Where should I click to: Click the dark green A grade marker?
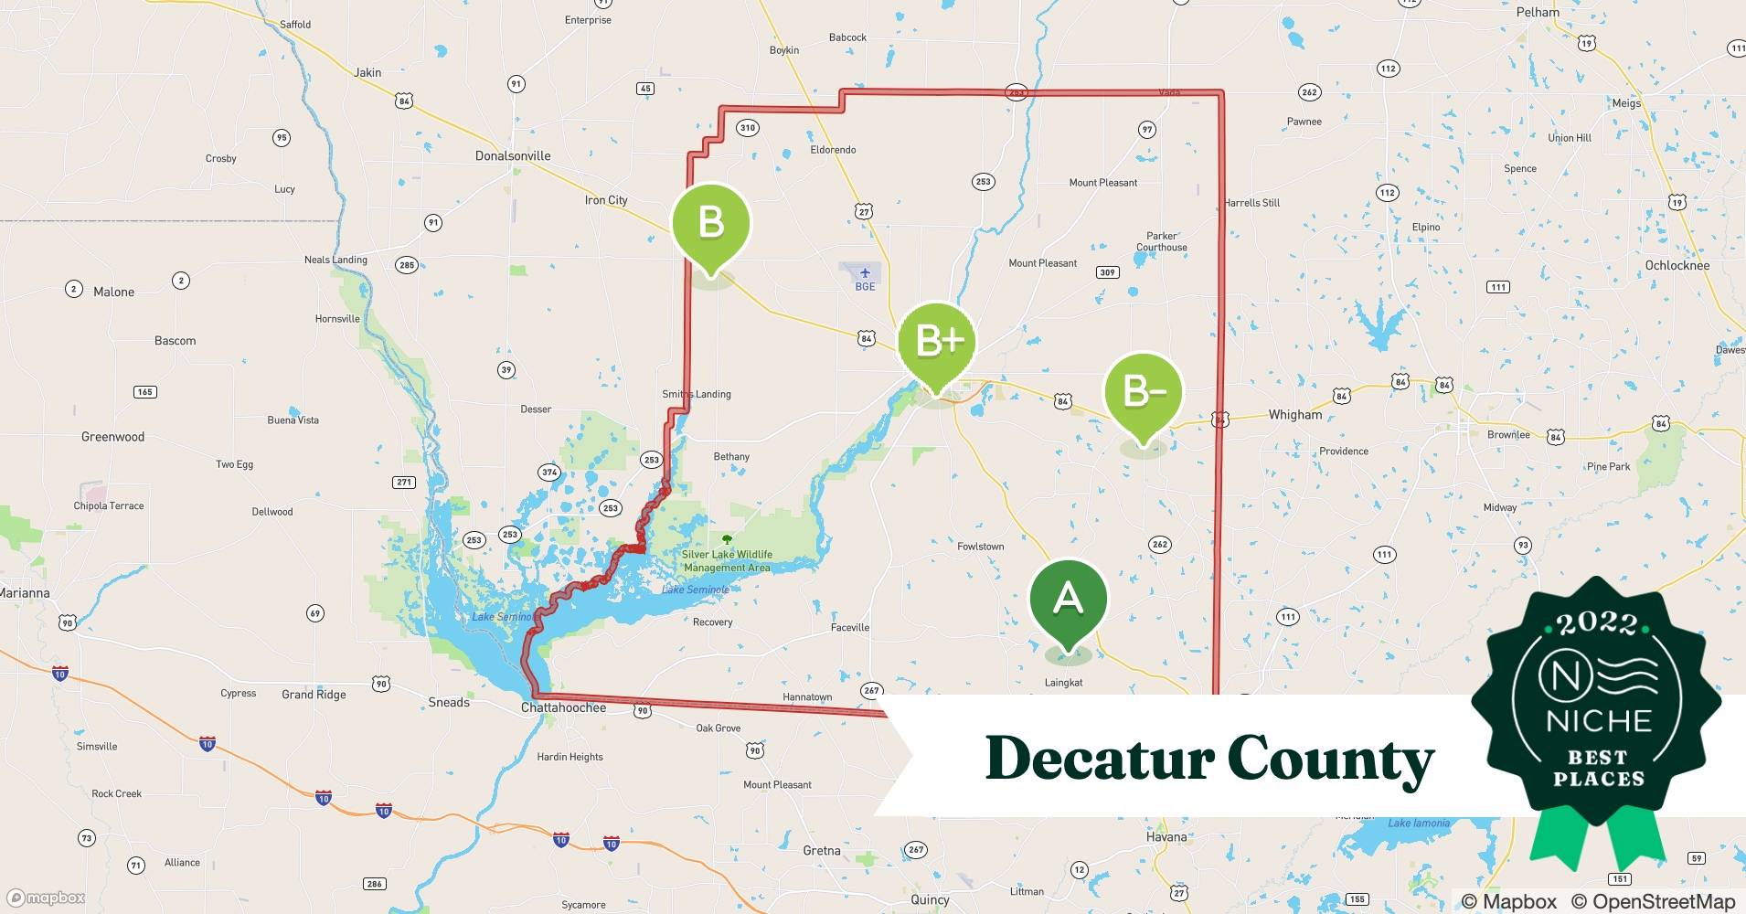[x=1068, y=600]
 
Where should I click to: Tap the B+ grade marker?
[x=937, y=342]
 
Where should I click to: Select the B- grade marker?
[x=1143, y=392]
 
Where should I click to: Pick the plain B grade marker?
[x=711, y=223]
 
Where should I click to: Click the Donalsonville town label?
[x=513, y=156]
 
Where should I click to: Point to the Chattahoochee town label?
[x=563, y=707]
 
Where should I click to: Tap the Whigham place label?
[x=1294, y=415]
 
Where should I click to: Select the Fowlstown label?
[x=980, y=547]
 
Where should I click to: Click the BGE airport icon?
[x=865, y=273]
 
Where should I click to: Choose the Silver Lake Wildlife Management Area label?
[x=727, y=560]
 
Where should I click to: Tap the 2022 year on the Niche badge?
[x=1597, y=624]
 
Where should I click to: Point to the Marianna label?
[x=25, y=593]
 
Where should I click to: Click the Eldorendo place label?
[x=833, y=150]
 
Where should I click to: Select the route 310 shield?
[x=748, y=128]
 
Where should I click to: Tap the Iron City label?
[x=606, y=200]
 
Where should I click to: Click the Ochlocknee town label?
[x=1677, y=266]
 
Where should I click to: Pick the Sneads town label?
[x=449, y=703]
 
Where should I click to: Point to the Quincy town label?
[x=930, y=899]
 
